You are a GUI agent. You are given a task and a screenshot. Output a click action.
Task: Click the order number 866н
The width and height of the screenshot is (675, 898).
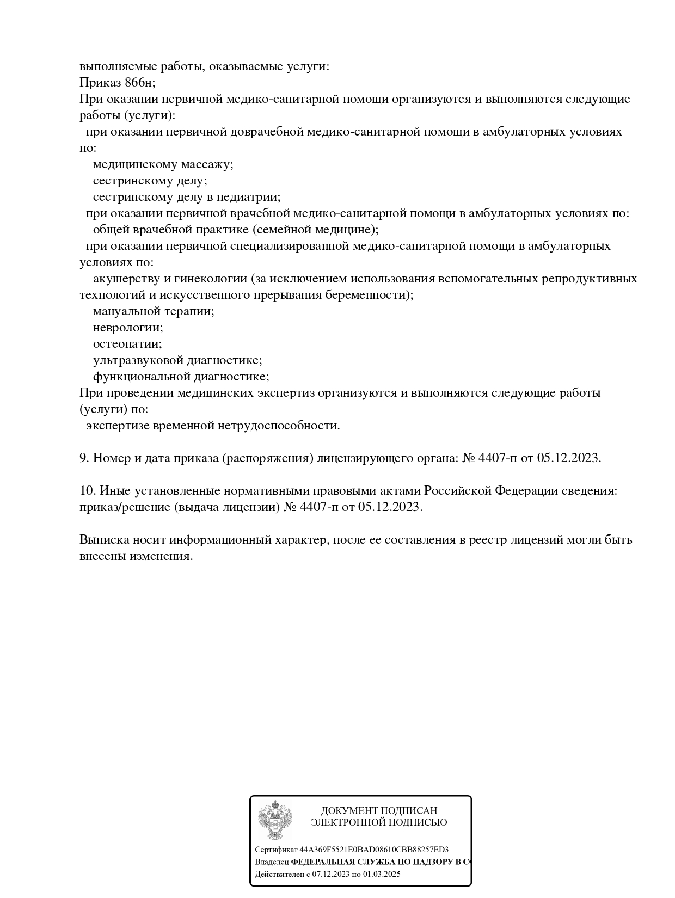pos(138,83)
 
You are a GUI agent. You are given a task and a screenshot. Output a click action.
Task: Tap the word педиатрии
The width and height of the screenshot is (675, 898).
pos(253,197)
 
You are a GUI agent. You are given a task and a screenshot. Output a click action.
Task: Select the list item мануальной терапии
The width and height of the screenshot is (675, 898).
pos(153,311)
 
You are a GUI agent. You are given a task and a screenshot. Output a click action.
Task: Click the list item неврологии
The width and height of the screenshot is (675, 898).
pos(127,328)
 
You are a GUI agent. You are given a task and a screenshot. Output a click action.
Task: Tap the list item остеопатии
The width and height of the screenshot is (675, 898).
pos(127,344)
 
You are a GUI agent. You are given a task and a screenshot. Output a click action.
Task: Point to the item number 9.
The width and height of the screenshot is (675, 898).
pos(84,458)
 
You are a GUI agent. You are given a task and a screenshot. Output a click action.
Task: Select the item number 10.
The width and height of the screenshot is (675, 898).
pos(87,491)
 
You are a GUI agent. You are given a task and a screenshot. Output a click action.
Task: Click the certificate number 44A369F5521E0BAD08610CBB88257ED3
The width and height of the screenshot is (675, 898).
pos(374,850)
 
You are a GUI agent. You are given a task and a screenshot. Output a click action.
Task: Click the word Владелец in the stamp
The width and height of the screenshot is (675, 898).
pos(272,862)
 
